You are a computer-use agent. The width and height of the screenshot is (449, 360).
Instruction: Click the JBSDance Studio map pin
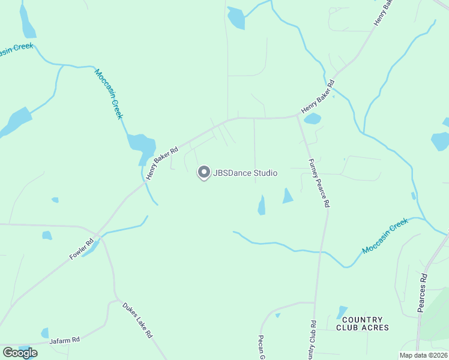pyautogui.click(x=203, y=173)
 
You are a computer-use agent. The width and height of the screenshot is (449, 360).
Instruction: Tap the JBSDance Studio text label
pyautogui.click(x=246, y=173)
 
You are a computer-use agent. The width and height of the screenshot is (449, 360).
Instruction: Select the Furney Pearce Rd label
pyautogui.click(x=319, y=183)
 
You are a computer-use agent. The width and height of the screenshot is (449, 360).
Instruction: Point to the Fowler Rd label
pyautogui.click(x=82, y=249)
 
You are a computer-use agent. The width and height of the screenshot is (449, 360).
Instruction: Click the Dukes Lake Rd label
pyautogui.click(x=137, y=320)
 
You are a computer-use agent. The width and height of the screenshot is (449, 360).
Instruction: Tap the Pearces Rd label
pyautogui.click(x=423, y=294)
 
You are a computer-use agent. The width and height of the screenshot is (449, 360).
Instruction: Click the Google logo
pyautogui.click(x=20, y=352)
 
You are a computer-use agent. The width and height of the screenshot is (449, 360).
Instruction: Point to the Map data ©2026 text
pyautogui.click(x=423, y=355)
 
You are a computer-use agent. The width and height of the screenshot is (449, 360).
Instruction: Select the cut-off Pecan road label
pyautogui.click(x=262, y=347)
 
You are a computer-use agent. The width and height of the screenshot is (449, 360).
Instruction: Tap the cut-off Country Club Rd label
pyautogui.click(x=313, y=341)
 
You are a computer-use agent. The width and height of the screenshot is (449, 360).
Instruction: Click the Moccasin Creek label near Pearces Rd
pyautogui.click(x=385, y=235)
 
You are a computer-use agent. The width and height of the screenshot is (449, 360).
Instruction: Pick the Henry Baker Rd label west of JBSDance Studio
pyautogui.click(x=161, y=162)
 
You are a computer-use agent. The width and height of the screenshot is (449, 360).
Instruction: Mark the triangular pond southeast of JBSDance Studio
pyautogui.click(x=288, y=197)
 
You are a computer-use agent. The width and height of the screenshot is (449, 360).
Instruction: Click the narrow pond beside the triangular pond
pyautogui.click(x=262, y=206)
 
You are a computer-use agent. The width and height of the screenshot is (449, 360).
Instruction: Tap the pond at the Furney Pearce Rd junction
pyautogui.click(x=312, y=119)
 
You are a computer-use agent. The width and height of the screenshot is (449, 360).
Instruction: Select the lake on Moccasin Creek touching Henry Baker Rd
pyautogui.click(x=142, y=145)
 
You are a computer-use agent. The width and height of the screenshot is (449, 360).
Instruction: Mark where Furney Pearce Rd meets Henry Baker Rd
pyautogui.click(x=298, y=116)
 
